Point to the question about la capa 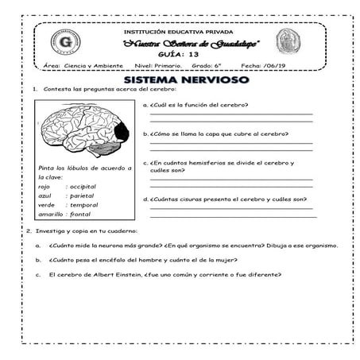[211, 134]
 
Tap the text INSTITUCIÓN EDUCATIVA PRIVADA [178, 31]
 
